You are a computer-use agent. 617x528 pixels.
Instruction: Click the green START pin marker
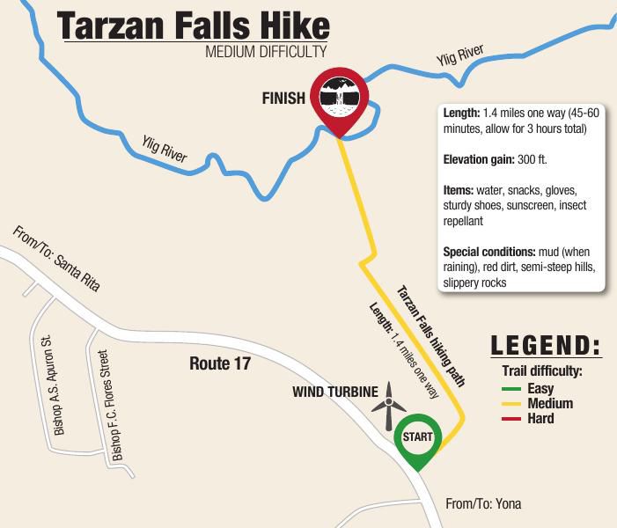tap(416, 437)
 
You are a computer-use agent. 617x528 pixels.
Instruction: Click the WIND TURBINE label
tap(334, 391)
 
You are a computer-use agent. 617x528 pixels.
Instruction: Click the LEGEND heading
tap(545, 345)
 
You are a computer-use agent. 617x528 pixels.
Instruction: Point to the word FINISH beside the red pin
tap(283, 99)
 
